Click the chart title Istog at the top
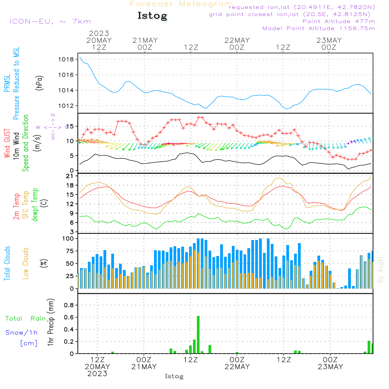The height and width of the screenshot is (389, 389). tap(152, 16)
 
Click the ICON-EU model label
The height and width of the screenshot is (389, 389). tap(50, 21)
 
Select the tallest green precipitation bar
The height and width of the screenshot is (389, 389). tap(198, 335)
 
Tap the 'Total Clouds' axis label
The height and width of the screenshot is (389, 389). tap(7, 263)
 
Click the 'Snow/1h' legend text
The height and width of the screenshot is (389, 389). tap(21, 333)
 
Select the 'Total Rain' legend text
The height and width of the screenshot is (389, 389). tap(25, 319)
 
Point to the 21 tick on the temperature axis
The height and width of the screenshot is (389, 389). tap(69, 176)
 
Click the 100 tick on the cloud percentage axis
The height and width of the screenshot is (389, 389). tap(68, 238)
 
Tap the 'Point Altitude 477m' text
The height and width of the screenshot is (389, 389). tap(338, 21)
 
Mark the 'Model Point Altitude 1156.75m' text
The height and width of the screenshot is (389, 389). tap(319, 28)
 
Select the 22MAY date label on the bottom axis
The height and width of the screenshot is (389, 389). tap(237, 367)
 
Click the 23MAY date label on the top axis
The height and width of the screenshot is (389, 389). tap(329, 40)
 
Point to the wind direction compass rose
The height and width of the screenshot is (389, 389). tap(53, 127)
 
